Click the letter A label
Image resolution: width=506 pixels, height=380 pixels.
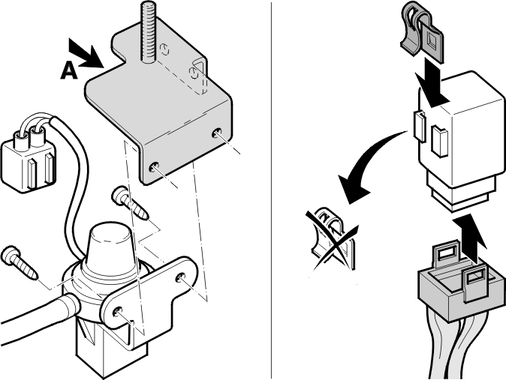click(x=69, y=70)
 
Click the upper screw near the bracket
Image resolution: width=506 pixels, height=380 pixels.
click(x=131, y=202)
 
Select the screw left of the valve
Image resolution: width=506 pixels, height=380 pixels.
click(x=20, y=262)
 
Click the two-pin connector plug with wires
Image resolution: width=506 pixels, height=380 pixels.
click(x=29, y=160)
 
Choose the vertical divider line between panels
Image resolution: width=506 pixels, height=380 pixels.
click(x=271, y=190)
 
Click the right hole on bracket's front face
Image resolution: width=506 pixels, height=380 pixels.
click(x=216, y=133)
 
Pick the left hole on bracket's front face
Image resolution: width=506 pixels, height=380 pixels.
click(x=154, y=167)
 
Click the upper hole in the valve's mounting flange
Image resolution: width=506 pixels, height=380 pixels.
click(x=180, y=277)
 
